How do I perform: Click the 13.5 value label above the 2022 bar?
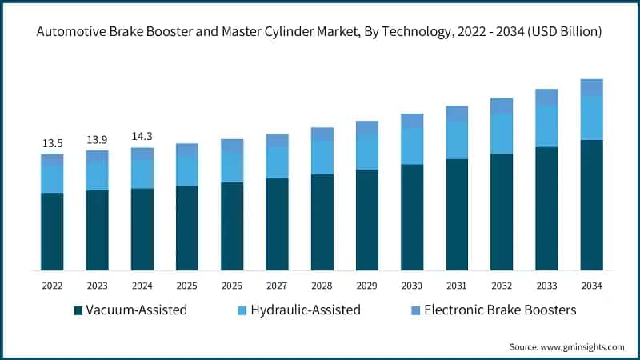point(52,143)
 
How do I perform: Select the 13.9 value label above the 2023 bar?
point(97,140)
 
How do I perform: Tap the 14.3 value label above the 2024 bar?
point(142,137)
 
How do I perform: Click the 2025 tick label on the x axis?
point(186,285)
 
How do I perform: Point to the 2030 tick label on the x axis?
point(411,285)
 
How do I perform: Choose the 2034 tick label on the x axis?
point(591,285)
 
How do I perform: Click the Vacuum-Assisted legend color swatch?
point(78,310)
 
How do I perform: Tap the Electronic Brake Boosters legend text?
point(500,310)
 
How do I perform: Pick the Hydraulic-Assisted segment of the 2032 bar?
point(502,133)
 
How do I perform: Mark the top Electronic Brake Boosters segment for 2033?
point(546,97)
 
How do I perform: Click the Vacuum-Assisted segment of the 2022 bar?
point(52,231)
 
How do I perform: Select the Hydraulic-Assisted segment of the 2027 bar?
point(277,162)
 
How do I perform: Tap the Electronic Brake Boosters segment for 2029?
point(366,127)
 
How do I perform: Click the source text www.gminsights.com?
point(566,346)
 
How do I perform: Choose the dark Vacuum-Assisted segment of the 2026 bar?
point(232,226)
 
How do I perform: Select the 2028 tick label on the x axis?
point(322,285)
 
